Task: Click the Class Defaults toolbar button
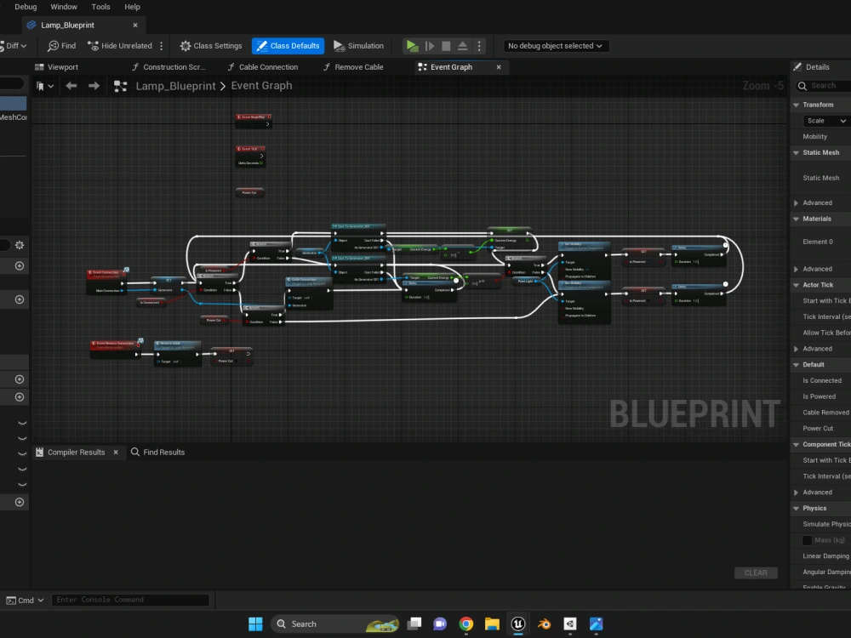pos(288,46)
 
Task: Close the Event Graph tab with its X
pos(499,67)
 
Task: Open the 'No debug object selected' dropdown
pos(555,46)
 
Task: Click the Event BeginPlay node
pos(253,117)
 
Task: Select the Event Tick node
pos(250,149)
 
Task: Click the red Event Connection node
pos(107,275)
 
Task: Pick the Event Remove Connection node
pos(114,344)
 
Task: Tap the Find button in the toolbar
pos(61,46)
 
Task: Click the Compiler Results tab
pos(76,453)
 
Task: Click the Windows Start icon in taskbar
pos(255,624)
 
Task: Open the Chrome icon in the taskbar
pos(466,624)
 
